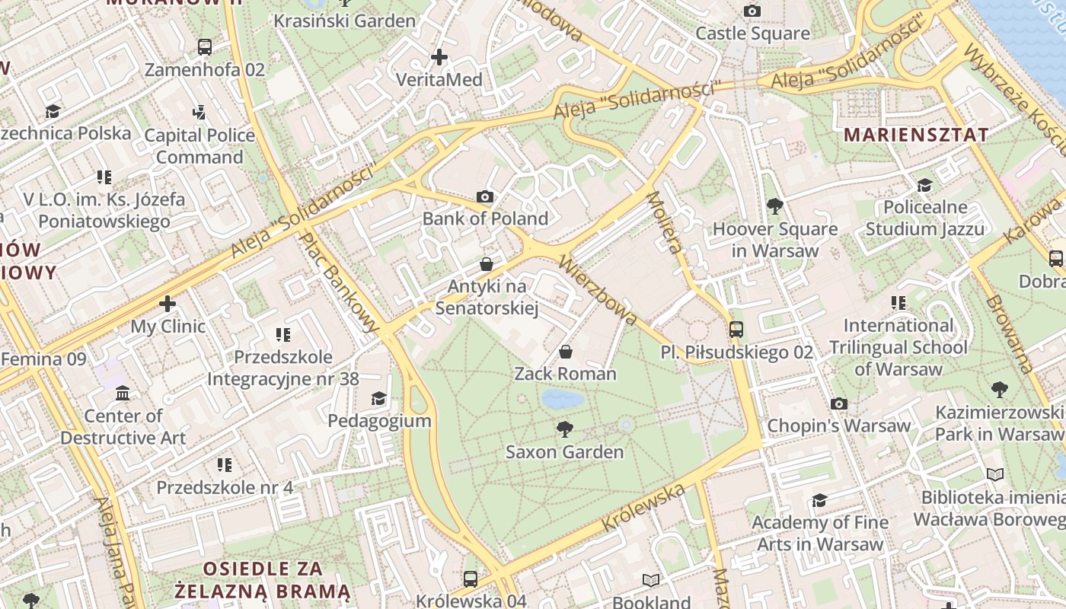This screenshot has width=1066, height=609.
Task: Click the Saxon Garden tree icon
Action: click(x=564, y=429)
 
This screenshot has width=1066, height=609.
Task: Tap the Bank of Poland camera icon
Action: click(x=485, y=197)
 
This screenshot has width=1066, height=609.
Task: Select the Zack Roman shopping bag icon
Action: click(x=566, y=352)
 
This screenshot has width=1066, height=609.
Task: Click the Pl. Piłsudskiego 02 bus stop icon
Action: click(x=736, y=330)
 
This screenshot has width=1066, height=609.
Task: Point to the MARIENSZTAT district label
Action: click(x=917, y=135)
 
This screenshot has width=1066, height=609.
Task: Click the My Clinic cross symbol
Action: click(x=168, y=304)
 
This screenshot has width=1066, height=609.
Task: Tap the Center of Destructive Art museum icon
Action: click(x=123, y=394)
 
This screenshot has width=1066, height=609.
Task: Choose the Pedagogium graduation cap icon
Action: click(x=378, y=399)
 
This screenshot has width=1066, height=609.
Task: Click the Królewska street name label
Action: click(x=643, y=508)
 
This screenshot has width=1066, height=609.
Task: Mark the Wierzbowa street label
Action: click(x=597, y=289)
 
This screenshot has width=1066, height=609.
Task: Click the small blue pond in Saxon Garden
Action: click(x=563, y=399)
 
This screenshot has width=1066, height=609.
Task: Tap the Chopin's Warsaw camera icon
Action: click(x=838, y=403)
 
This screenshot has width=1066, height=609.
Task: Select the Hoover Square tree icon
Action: click(x=774, y=206)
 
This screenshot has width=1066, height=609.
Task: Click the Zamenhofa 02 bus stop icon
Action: click(x=204, y=47)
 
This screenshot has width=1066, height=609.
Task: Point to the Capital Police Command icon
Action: click(x=199, y=113)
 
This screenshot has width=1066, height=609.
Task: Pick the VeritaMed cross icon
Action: click(x=439, y=57)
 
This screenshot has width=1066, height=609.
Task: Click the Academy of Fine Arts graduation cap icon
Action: click(x=819, y=500)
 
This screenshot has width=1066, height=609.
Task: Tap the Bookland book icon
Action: click(x=650, y=581)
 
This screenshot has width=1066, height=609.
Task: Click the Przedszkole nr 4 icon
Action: click(x=224, y=464)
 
